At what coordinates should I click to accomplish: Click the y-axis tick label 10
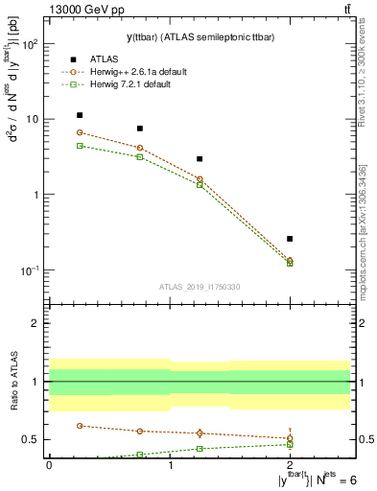coord(31,120)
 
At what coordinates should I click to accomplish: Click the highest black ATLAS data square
coord(80,115)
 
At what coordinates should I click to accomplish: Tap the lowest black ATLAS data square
coord(290,239)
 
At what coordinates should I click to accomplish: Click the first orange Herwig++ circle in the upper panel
coord(80,132)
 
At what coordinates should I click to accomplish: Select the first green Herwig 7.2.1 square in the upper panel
coord(80,146)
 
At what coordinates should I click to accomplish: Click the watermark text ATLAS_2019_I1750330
coord(199,287)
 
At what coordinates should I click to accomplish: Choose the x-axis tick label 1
coord(170,466)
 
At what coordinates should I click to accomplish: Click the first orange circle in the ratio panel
coord(80,425)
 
